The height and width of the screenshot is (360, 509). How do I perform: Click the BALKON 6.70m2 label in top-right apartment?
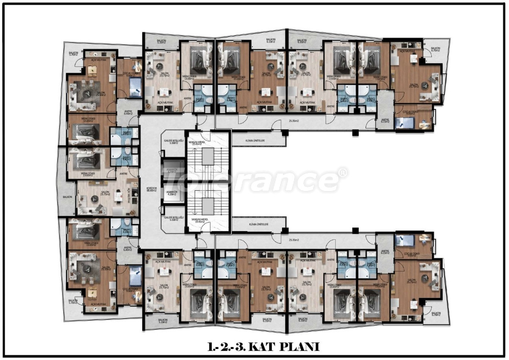(x=435, y=50)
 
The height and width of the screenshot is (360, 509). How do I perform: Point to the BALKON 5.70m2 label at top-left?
(x=74, y=53)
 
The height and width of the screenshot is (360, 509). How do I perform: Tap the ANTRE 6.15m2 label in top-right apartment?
(x=385, y=121)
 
